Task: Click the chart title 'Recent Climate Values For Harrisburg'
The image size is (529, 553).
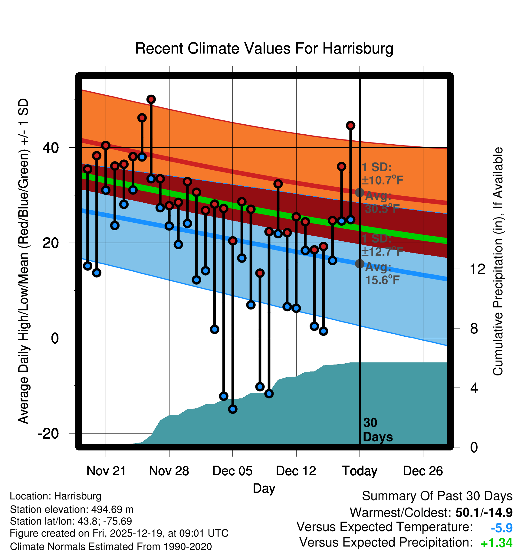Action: [x=264, y=48]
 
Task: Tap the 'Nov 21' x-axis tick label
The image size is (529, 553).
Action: [x=106, y=471]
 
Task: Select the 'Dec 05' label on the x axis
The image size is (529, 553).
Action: [x=232, y=471]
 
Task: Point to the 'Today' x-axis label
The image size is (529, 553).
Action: [x=360, y=471]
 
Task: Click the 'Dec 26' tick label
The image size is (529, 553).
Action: [x=423, y=471]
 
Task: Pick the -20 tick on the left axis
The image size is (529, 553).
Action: [x=48, y=434]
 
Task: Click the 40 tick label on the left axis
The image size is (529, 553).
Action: [x=51, y=148]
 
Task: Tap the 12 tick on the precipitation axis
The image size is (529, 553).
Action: [x=478, y=269]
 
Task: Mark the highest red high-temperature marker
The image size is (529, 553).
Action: [x=151, y=99]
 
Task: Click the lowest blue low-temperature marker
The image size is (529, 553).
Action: [x=233, y=409]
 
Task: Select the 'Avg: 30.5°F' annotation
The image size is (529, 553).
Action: [x=382, y=202]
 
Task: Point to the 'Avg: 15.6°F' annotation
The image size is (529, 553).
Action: [x=382, y=274]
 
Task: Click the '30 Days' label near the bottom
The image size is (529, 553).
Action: [x=377, y=430]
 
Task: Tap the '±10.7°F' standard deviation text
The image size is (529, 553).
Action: [x=383, y=180]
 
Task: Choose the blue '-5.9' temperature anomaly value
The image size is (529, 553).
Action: [x=501, y=528]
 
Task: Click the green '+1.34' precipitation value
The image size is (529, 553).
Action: [x=496, y=543]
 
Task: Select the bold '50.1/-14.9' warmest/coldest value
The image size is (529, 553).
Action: [x=484, y=512]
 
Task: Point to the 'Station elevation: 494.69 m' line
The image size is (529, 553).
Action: [x=72, y=509]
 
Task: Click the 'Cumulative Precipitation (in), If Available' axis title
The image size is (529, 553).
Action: [x=498, y=261]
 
